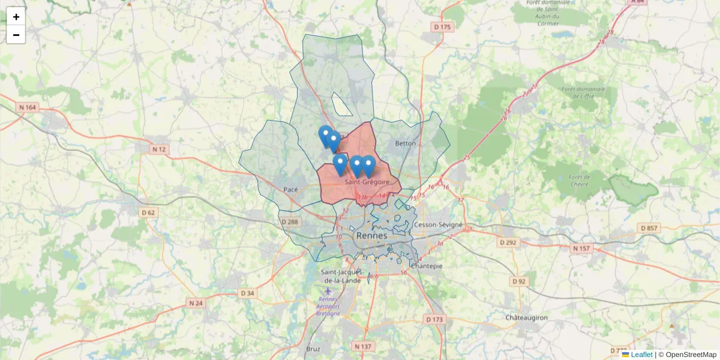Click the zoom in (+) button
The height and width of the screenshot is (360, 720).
16,17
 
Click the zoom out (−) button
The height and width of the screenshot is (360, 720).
16,35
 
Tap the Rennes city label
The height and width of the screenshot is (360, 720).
372,236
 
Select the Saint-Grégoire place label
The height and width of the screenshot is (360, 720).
367,182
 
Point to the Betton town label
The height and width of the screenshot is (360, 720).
406,143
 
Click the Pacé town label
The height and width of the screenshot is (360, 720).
290,189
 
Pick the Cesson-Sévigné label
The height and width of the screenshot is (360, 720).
438,225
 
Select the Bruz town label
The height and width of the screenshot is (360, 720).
313,349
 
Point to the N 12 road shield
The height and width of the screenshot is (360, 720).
158,149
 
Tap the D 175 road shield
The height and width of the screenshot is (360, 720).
442,27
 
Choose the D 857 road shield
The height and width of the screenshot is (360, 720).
649,228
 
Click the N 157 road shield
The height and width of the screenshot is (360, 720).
581,248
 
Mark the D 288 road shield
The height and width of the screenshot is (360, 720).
289,222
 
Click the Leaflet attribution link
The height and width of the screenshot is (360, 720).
641,355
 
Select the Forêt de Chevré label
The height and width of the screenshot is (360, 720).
580,180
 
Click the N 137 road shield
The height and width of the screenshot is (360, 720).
363,346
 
